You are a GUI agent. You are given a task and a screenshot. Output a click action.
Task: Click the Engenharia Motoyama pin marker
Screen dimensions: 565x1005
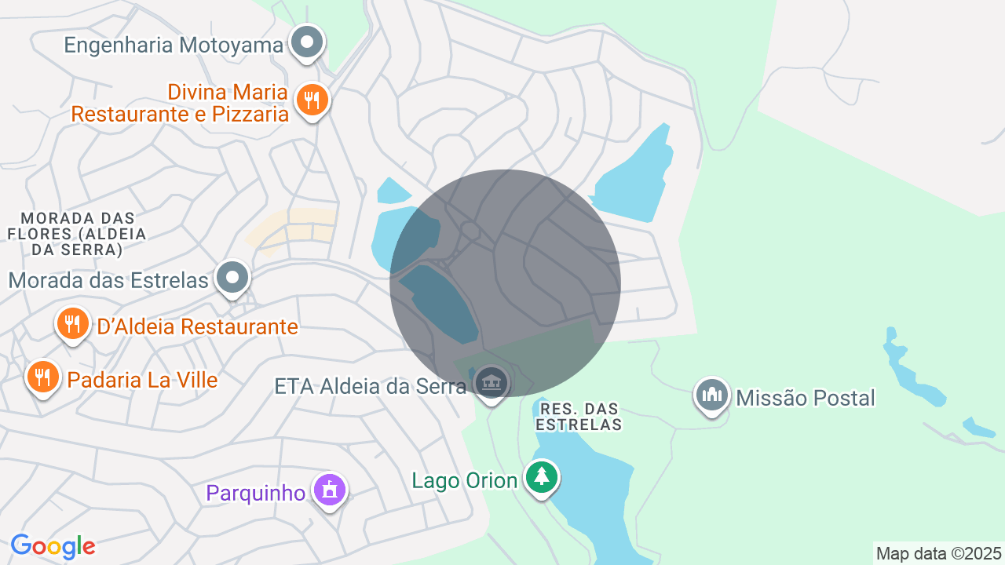(x=307, y=42)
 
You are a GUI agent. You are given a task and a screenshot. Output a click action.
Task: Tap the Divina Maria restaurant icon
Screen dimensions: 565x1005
(x=312, y=100)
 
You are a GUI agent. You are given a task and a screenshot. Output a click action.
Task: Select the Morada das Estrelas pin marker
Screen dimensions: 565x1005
(x=232, y=277)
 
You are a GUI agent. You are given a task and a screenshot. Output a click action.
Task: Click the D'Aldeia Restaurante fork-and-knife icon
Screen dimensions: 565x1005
(x=71, y=323)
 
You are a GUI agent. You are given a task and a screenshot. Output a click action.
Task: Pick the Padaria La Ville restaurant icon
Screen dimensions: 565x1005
(x=42, y=377)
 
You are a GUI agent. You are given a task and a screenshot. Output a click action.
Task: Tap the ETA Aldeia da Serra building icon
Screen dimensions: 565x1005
(x=492, y=383)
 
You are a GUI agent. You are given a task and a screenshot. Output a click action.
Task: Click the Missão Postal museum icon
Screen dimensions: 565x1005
(x=711, y=394)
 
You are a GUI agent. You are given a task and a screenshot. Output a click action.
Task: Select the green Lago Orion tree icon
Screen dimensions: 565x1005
(x=541, y=476)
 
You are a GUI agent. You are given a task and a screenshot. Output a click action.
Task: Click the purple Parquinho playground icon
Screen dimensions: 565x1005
(x=329, y=490)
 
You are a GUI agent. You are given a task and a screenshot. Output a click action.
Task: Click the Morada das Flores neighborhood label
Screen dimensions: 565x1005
(x=77, y=234)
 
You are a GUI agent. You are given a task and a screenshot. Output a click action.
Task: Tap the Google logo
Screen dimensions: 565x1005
(x=53, y=546)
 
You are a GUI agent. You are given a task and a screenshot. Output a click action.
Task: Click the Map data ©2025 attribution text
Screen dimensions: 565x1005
(x=939, y=553)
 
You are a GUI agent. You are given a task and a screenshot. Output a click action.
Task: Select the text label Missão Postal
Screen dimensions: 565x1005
(x=805, y=398)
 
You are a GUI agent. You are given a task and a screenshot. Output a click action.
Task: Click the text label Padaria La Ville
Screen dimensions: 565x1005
(x=142, y=381)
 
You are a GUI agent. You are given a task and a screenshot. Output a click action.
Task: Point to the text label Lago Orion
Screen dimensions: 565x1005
(x=464, y=480)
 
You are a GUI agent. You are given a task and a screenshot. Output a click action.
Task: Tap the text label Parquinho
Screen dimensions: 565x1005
(x=255, y=493)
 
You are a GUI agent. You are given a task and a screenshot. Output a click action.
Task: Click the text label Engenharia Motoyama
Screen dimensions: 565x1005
(x=173, y=45)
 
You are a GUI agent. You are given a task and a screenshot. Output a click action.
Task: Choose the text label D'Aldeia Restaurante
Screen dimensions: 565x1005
(x=197, y=326)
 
